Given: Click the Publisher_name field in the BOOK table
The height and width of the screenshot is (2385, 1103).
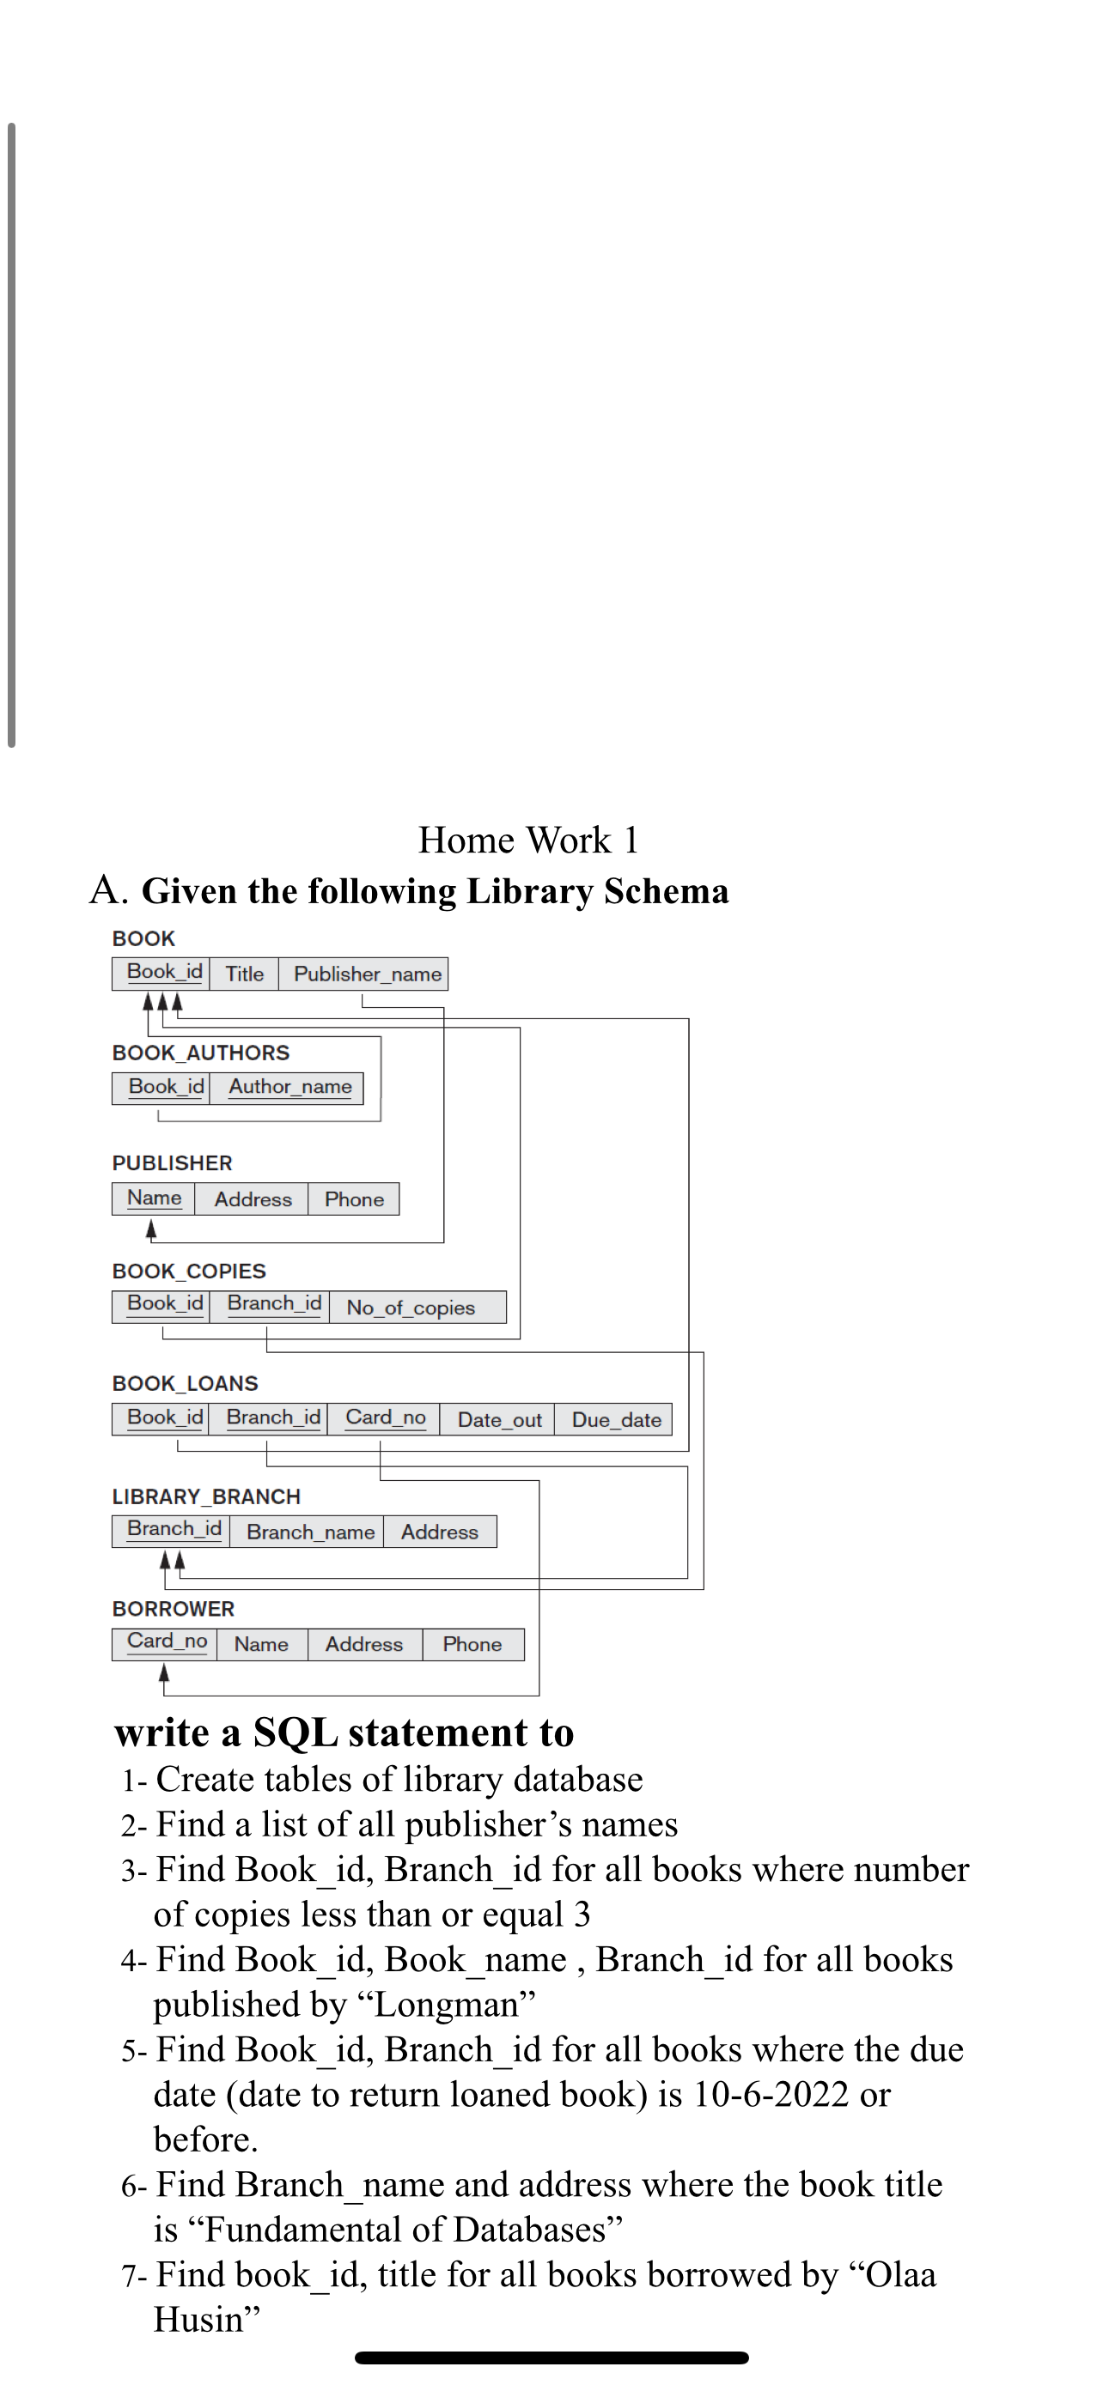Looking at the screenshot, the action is click(367, 974).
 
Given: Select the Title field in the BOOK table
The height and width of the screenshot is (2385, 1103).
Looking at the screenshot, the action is click(245, 974).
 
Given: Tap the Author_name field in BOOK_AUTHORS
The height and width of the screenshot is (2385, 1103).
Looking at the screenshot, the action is click(289, 1087).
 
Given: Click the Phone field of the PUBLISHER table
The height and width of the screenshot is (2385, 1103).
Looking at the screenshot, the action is click(354, 1200).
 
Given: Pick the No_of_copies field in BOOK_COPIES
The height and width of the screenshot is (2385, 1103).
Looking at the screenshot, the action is click(411, 1308).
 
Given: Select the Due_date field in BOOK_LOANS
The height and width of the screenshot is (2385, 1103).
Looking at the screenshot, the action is click(616, 1420).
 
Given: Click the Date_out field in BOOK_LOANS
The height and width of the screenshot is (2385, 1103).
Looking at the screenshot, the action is click(499, 1420).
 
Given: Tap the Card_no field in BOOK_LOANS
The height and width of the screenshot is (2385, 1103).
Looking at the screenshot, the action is click(385, 1417).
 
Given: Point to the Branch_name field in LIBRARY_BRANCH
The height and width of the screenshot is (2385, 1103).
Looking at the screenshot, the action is click(310, 1532).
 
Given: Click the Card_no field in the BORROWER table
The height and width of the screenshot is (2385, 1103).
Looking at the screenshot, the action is click(167, 1642).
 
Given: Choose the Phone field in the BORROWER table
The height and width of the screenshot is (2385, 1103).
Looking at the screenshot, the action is click(472, 1644).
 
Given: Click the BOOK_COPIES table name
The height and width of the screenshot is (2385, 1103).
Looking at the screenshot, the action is click(189, 1271).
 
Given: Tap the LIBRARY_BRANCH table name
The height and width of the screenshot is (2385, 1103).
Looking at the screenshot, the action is click(205, 1497).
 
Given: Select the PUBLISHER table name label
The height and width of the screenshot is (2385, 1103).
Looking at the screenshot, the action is click(173, 1162).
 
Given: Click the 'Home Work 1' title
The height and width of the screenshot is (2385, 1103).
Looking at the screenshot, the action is click(528, 841).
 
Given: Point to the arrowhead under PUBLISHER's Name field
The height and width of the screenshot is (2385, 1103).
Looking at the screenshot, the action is click(151, 1229).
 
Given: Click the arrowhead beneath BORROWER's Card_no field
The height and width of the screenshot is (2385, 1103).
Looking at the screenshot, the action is click(164, 1673).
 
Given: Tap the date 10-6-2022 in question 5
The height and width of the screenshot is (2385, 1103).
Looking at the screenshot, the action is click(771, 2095).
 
